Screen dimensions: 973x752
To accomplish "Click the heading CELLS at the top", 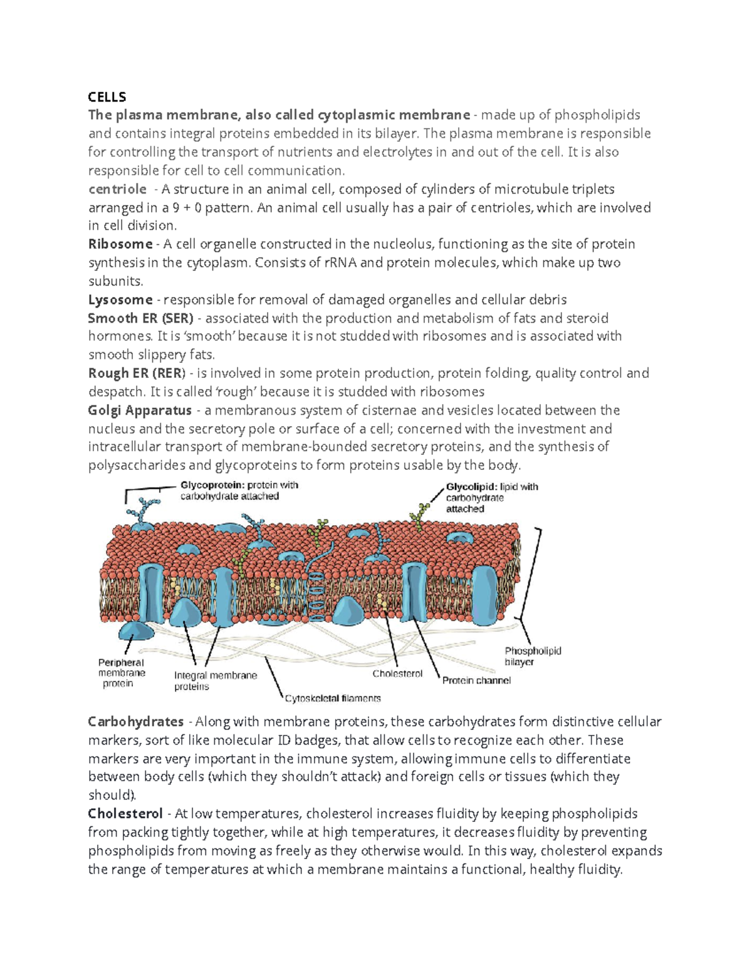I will pos(107,96).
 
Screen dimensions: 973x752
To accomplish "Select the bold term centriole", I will pos(117,189).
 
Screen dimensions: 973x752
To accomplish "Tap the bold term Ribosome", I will pos(120,244).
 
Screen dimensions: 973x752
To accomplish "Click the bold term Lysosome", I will pos(120,299).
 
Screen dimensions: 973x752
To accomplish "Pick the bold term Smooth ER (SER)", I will pos(141,318).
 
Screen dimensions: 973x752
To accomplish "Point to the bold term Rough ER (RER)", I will pos(137,373).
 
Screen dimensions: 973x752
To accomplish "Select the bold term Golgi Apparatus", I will pos(140,410).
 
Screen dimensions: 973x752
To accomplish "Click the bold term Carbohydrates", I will pos(136,722).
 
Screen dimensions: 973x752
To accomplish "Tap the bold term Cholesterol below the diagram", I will pos(125,814).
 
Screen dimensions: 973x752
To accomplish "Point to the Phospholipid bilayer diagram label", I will pos(533,656).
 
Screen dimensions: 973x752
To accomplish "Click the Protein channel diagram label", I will pos(476,680).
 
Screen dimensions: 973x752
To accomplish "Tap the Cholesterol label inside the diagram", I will pos(397,674).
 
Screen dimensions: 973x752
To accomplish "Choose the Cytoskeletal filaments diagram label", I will pos(333,698).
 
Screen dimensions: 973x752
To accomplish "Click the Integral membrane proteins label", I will pos(215,681).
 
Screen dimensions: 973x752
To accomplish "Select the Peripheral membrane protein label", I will pos(122,673).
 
